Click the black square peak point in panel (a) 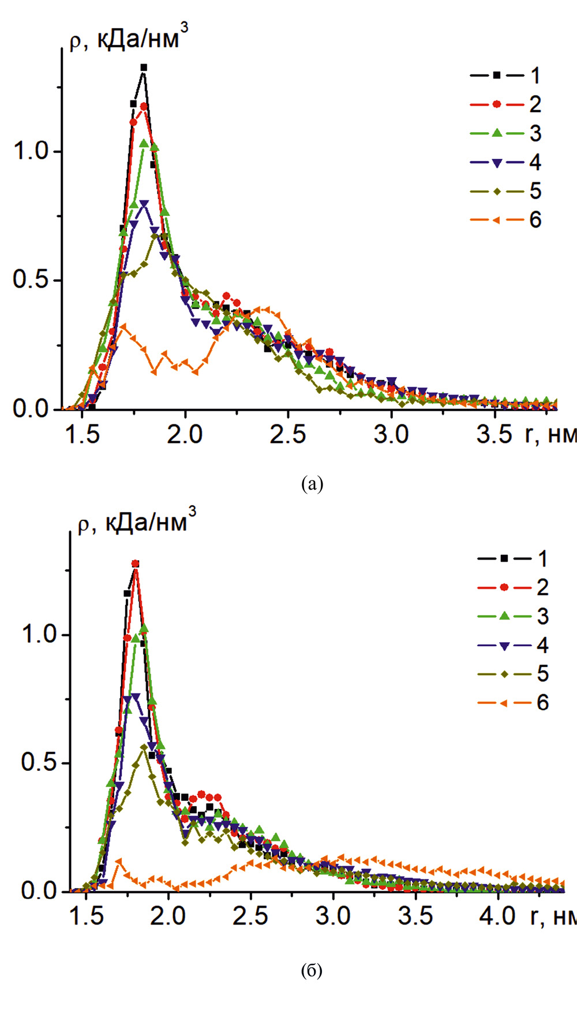[x=144, y=68]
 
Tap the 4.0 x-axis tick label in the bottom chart [x=497, y=916]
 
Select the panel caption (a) [x=312, y=483]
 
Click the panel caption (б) [x=312, y=970]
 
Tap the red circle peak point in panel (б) [x=136, y=564]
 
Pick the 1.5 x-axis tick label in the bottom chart [x=86, y=916]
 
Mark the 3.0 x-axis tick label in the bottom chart [x=333, y=916]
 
